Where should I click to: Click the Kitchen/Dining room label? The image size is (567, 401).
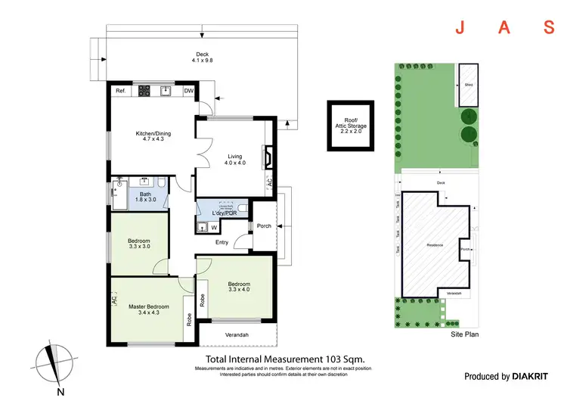[x=153, y=137]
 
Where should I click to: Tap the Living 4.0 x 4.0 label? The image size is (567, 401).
[x=234, y=159]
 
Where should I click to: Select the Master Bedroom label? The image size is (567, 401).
[x=148, y=309]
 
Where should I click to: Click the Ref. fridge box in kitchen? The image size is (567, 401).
[x=120, y=91]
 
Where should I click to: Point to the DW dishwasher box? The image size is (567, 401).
[x=187, y=91]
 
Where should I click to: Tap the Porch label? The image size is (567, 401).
[x=264, y=225]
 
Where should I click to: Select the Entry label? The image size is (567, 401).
[x=222, y=242]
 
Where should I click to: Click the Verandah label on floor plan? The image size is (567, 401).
[x=237, y=335]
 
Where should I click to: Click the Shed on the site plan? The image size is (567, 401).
[x=469, y=85]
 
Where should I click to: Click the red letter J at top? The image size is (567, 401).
[x=458, y=29]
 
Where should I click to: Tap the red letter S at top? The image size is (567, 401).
[x=549, y=29]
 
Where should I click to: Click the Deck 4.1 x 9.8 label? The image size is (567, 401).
[x=202, y=58]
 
